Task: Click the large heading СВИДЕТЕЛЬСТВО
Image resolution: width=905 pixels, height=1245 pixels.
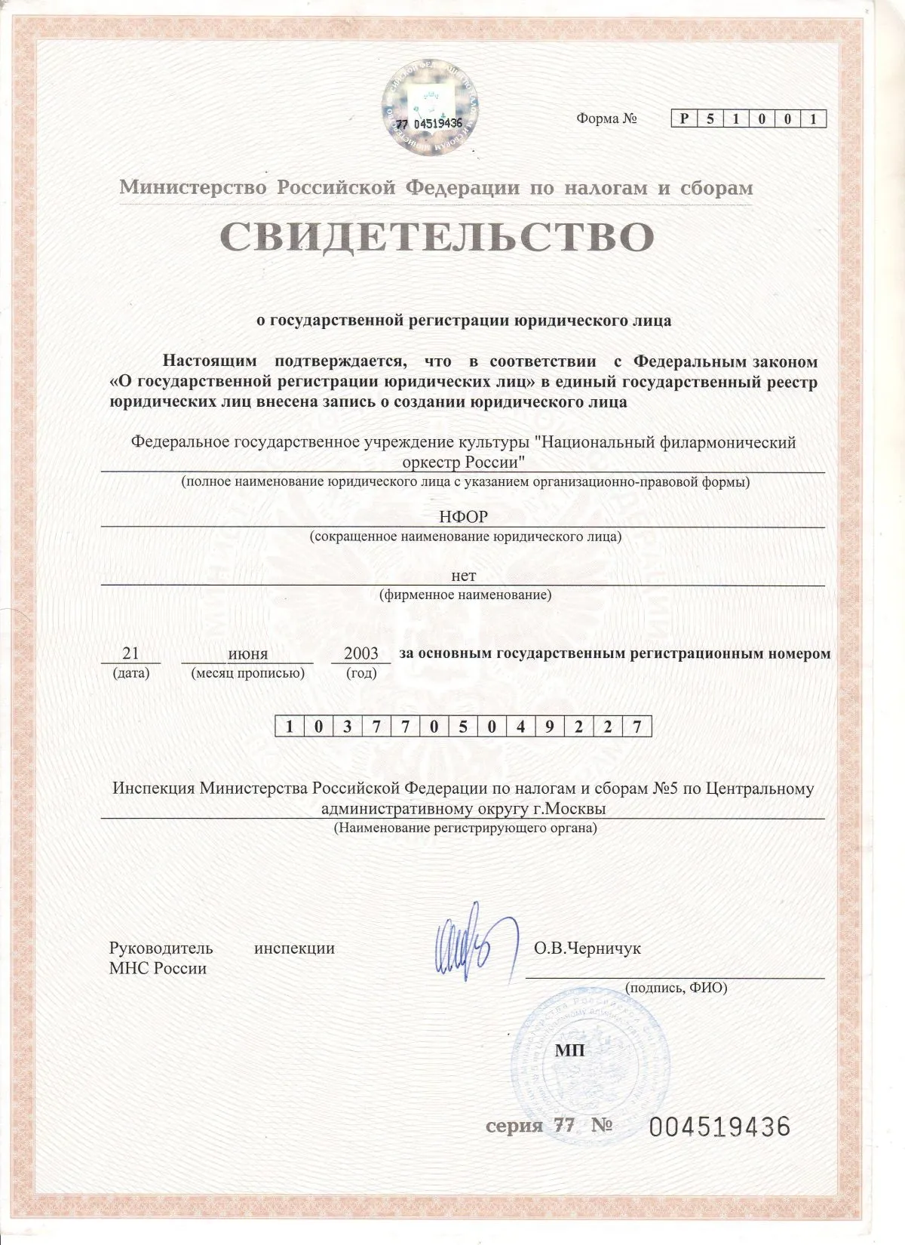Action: coord(437,236)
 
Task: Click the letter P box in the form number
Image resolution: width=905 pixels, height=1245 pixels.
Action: coord(684,119)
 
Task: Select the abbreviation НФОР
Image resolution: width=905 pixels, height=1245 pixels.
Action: coord(463,517)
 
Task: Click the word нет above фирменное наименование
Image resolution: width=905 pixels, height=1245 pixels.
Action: coord(463,576)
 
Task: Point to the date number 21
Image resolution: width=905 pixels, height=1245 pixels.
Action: coord(130,653)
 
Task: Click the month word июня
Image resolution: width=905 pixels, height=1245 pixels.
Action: coord(247,653)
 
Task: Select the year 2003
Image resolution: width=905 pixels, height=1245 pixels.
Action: coord(360,653)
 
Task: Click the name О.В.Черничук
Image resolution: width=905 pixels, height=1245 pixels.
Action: coord(587,948)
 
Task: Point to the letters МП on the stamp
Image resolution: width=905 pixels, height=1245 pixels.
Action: coord(569,1050)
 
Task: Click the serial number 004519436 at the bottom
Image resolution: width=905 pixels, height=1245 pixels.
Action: coord(719,1127)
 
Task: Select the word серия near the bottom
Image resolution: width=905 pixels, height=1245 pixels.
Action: coord(514,1126)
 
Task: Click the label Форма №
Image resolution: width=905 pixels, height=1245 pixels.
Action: coord(607,119)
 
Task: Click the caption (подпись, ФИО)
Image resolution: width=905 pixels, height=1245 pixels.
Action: coord(676,987)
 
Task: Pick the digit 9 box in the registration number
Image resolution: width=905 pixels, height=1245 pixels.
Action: coord(549,727)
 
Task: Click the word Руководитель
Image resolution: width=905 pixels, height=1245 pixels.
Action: coord(161,948)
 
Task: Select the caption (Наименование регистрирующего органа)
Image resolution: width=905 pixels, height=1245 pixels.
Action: coord(465,828)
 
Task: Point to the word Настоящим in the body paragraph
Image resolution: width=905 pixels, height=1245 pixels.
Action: coord(210,361)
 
